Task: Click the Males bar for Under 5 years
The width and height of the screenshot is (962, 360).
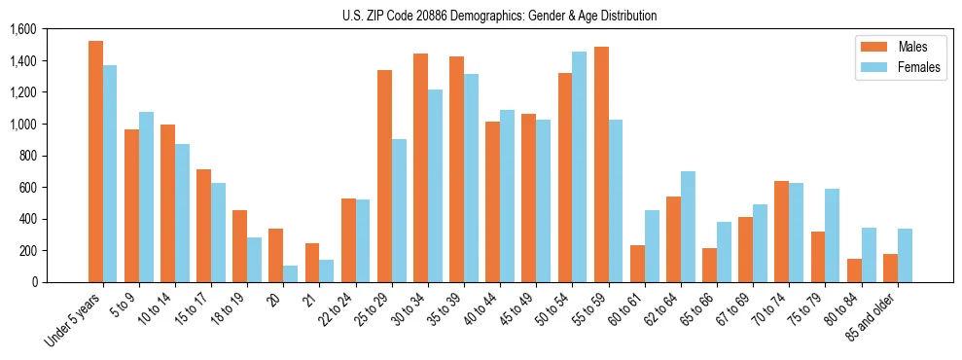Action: point(95,162)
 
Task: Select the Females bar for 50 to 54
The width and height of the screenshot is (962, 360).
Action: point(579,166)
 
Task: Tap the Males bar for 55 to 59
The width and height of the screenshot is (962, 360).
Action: point(601,164)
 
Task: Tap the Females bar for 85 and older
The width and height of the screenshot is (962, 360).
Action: point(905,255)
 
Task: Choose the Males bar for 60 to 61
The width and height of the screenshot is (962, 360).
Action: point(637,264)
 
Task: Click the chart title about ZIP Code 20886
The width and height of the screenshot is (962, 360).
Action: point(499,16)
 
